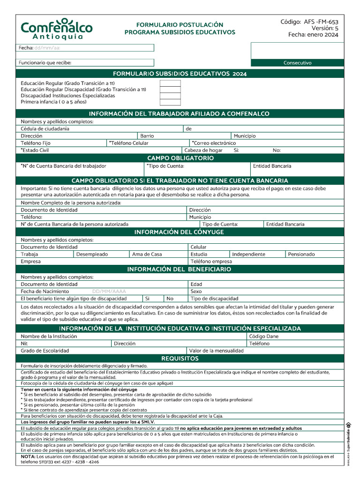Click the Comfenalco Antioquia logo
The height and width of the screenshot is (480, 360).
(x=56, y=29)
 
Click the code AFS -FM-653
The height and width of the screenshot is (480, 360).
(x=309, y=22)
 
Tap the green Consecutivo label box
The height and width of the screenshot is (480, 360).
(x=297, y=63)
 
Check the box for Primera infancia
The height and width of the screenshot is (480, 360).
(x=170, y=102)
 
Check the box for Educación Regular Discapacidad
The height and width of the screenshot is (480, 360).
(x=170, y=90)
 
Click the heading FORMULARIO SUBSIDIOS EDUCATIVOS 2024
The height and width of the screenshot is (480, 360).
(x=180, y=74)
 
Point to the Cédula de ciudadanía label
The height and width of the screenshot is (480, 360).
(x=45, y=128)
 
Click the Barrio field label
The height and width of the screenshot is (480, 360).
(x=147, y=136)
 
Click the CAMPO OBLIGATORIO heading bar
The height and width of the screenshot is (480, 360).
(x=180, y=158)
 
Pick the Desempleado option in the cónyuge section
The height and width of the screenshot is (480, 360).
(x=92, y=254)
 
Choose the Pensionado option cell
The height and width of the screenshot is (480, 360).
(x=301, y=254)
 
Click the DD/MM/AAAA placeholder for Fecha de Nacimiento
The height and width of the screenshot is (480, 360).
(x=109, y=291)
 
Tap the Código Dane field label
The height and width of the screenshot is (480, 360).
(x=264, y=336)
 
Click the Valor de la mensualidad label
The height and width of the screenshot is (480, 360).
(x=216, y=351)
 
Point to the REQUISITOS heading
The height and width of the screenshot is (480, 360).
(x=180, y=359)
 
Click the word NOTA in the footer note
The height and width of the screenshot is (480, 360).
(x=28, y=456)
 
